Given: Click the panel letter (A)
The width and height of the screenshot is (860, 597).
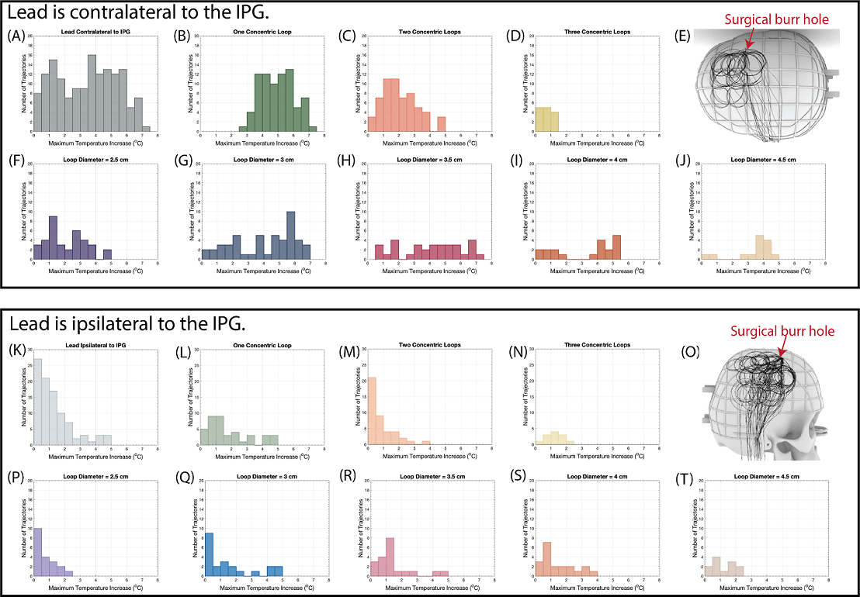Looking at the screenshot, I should pyautogui.click(x=14, y=35).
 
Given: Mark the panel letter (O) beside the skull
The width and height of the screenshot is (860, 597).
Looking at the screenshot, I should pyautogui.click(x=690, y=352).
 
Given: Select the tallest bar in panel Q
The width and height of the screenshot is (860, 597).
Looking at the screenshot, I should pyautogui.click(x=208, y=555).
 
